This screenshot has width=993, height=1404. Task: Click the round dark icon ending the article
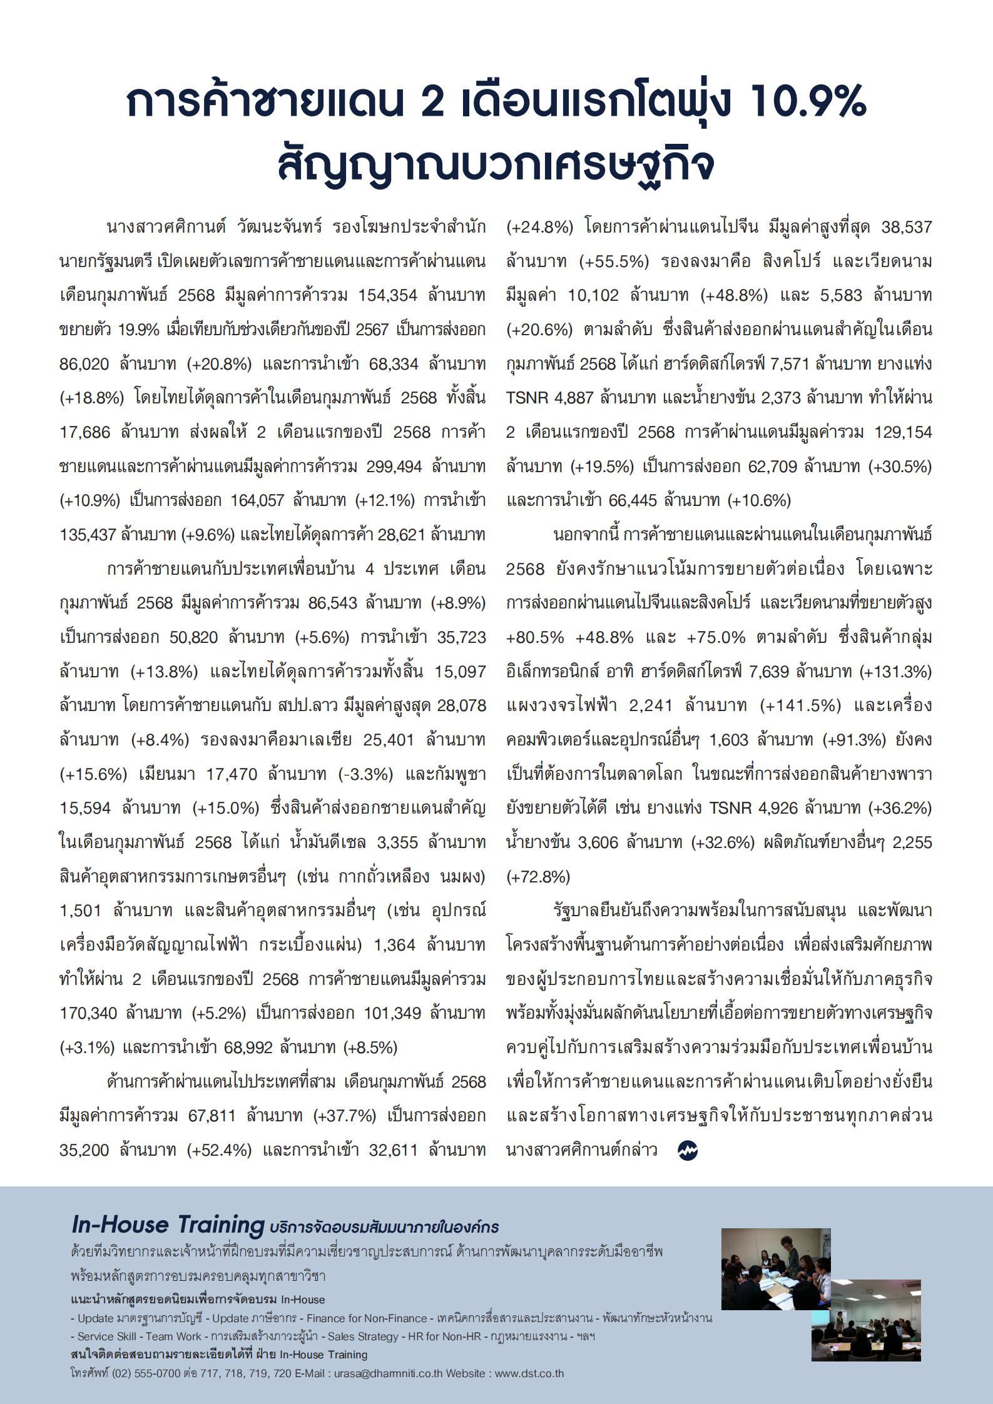(x=687, y=1150)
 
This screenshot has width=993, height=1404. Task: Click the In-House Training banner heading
(x=168, y=1224)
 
